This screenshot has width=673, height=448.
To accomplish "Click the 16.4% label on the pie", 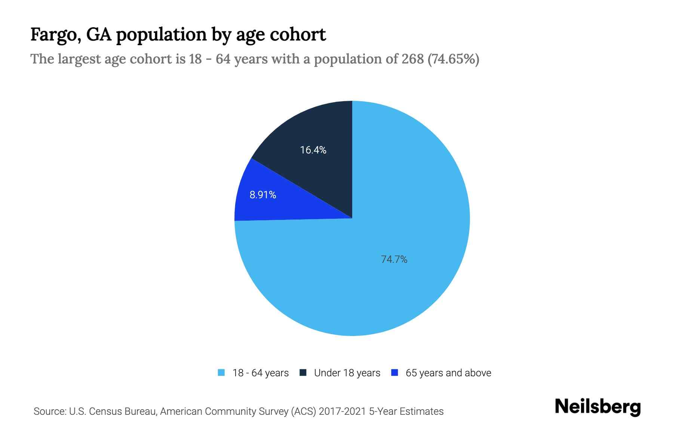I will [x=313, y=150].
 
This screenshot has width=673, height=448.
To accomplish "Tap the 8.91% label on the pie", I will [x=263, y=195].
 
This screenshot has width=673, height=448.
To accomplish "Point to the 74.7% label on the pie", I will [x=394, y=259].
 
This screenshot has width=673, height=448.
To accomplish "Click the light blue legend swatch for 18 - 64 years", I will [x=221, y=373].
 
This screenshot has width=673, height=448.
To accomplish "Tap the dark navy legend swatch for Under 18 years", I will [x=303, y=373].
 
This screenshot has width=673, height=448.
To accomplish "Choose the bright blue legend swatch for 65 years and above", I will [x=394, y=373].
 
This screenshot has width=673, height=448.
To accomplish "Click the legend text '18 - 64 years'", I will [x=261, y=373].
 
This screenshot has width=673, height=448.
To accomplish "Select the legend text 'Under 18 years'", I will [x=347, y=373].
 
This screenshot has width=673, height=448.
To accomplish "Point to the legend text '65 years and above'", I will [x=448, y=373].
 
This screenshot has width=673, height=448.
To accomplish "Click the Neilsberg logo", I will [x=597, y=407].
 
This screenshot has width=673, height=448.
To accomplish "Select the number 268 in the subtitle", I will [x=413, y=59].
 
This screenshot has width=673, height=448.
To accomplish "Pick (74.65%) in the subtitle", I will [x=453, y=59].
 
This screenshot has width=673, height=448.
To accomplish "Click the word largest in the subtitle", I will [x=80, y=59].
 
